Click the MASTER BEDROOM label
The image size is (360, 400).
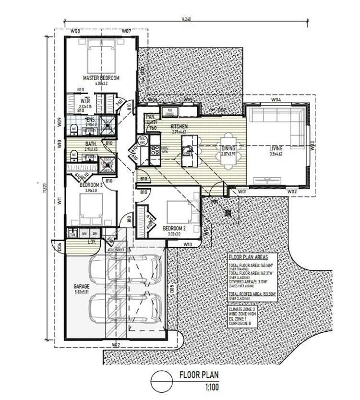[x=101, y=78]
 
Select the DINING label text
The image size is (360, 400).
[x=228, y=149]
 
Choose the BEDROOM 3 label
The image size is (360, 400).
[x=91, y=185]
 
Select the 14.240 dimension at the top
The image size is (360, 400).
[x=187, y=20]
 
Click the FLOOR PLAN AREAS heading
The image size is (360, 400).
[x=252, y=257]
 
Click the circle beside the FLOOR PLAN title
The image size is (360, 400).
[x=161, y=382]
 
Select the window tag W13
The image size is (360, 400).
[x=188, y=244]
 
